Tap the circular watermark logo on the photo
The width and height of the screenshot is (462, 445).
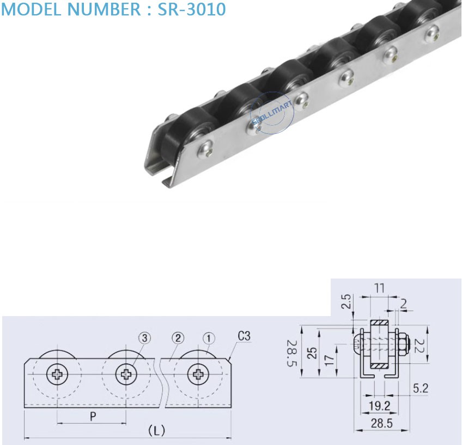(x=272, y=113)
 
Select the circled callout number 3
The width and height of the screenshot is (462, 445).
(x=144, y=338)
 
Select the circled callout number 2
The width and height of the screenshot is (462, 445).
(x=177, y=338)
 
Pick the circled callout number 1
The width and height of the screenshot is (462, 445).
(x=209, y=338)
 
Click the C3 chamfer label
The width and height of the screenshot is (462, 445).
(x=244, y=336)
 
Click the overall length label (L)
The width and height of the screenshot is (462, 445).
(x=157, y=431)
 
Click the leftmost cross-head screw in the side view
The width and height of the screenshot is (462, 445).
(x=57, y=374)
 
